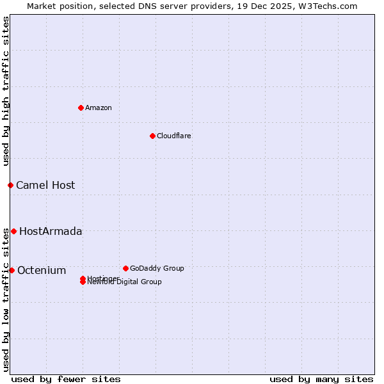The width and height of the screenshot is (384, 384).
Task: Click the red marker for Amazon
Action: pyautogui.click(x=81, y=108)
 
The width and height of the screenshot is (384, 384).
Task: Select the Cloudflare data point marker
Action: pyautogui.click(x=152, y=136)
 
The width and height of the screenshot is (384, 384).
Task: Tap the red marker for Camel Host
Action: pyautogui.click(x=10, y=185)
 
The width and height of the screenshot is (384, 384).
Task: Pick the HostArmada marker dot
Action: pyautogui.click(x=13, y=231)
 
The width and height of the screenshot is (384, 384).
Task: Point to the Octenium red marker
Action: pyautogui.click(x=12, y=270)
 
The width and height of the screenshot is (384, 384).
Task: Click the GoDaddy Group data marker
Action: pyautogui.click(x=125, y=268)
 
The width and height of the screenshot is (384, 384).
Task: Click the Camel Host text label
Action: pyautogui.click(x=45, y=185)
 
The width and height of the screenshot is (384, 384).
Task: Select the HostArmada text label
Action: pyautogui.click(x=51, y=231)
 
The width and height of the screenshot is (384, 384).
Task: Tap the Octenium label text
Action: pyautogui.click(x=42, y=270)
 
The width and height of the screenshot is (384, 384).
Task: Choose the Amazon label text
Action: pyautogui.click(x=99, y=108)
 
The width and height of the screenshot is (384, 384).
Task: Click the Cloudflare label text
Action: pyautogui.click(x=174, y=136)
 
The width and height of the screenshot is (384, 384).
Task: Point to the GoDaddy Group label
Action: pyautogui.click(x=157, y=268)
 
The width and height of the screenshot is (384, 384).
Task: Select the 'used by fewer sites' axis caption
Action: pyautogui.click(x=66, y=379)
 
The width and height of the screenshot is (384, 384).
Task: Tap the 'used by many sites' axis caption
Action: pyautogui.click(x=321, y=379)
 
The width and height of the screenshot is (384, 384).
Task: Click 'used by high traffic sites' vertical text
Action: pyautogui.click(x=6, y=91)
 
